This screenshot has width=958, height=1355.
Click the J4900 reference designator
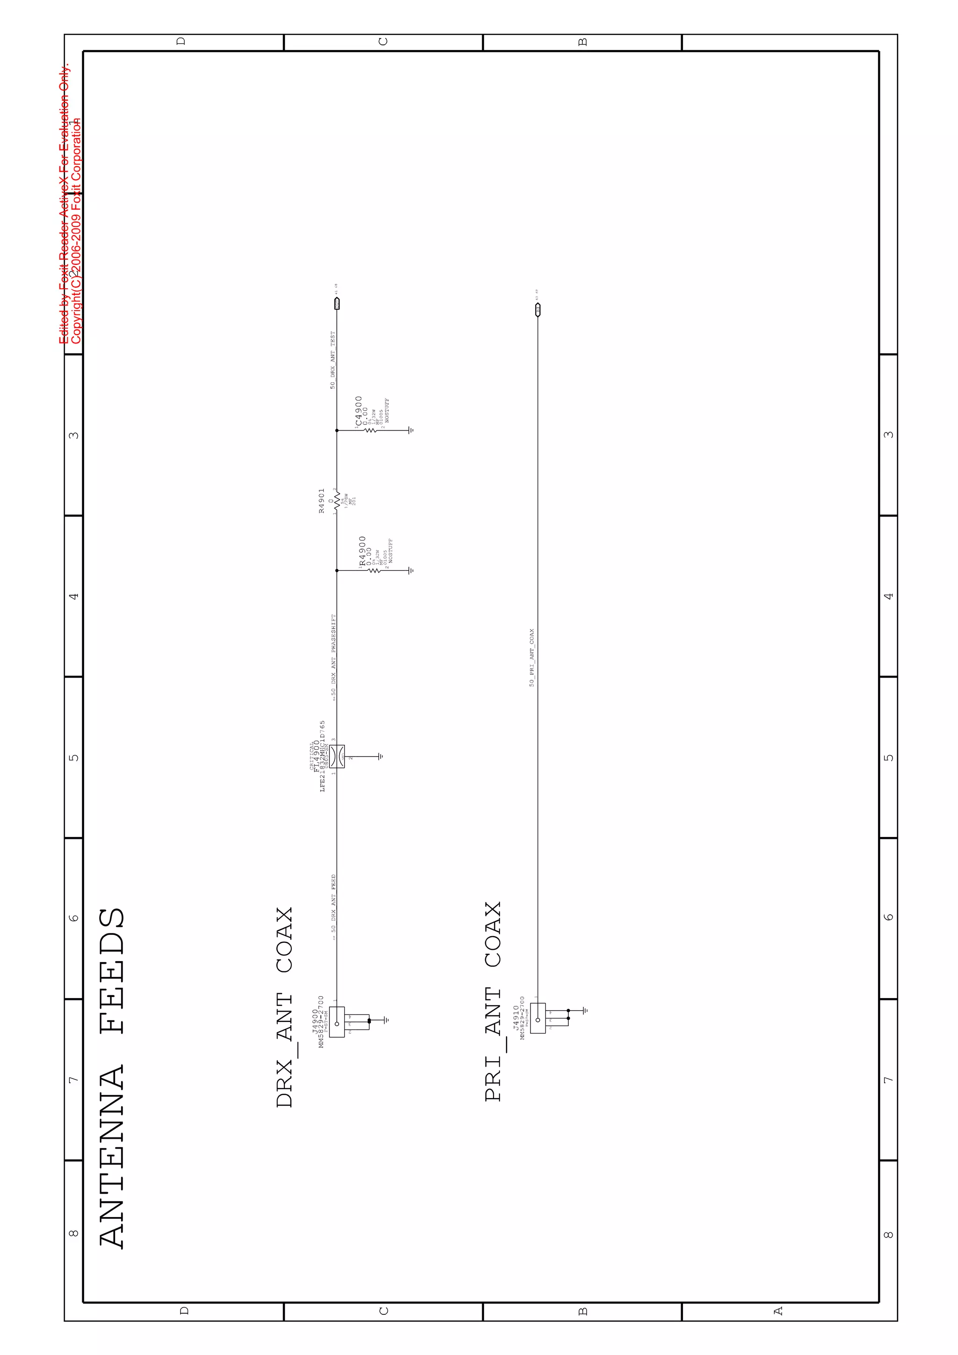(314, 1021)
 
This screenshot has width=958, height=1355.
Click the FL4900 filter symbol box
(337, 757)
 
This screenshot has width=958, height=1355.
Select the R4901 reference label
(321, 501)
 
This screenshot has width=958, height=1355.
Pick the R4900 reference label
(362, 551)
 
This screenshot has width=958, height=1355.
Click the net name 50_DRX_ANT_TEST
(333, 359)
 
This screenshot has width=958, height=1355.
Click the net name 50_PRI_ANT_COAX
(531, 657)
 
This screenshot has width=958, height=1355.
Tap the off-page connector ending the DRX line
(337, 304)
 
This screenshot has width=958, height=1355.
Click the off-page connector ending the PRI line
(537, 309)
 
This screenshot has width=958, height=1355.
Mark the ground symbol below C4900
(411, 430)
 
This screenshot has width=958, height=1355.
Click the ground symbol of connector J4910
(585, 1010)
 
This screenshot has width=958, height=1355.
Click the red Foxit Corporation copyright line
(76, 230)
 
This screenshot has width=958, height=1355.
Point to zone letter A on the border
(778, 1311)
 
